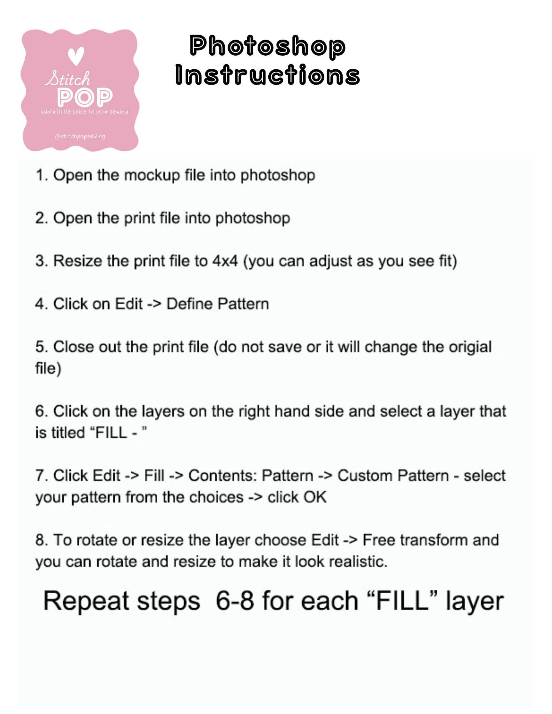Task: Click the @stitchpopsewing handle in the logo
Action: click(x=80, y=136)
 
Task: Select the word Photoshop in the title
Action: click(x=268, y=46)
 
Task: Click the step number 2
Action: click(x=41, y=218)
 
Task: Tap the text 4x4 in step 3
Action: click(x=225, y=261)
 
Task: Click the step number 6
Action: click(x=41, y=411)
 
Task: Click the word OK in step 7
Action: click(x=315, y=497)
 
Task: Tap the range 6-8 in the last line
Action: click(x=235, y=600)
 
